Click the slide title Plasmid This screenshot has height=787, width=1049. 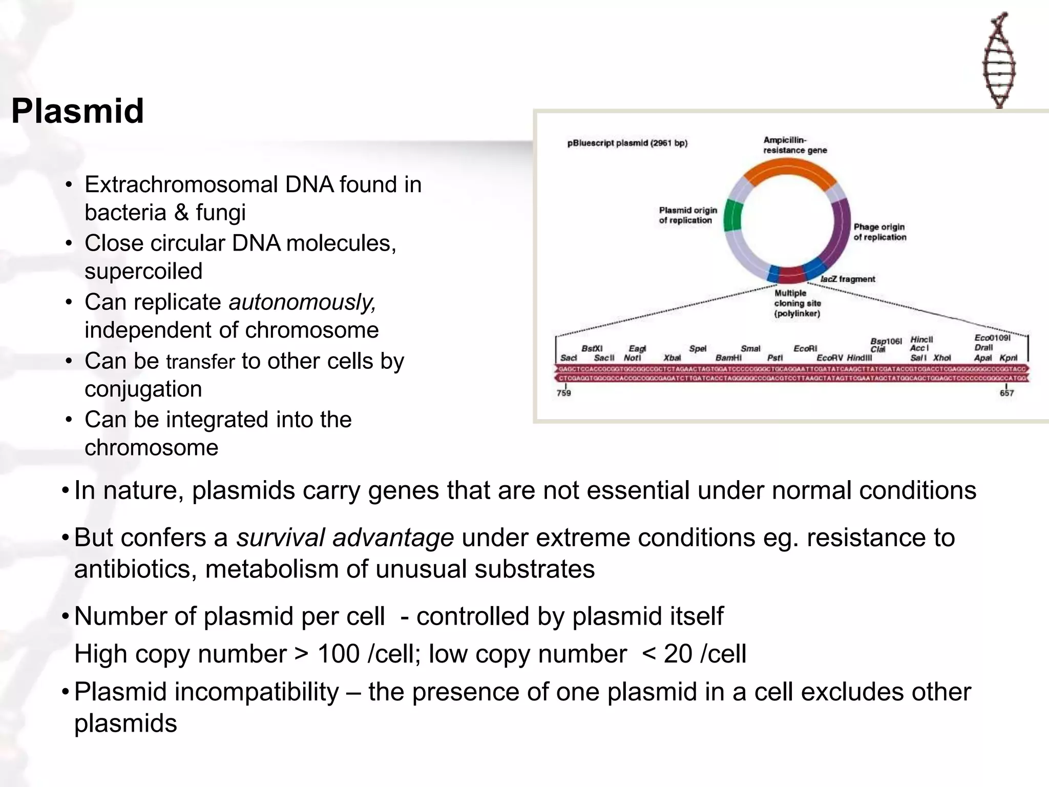tap(78, 111)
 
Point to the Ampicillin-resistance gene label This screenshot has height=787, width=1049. tap(794, 145)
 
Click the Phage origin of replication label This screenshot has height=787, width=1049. tap(879, 232)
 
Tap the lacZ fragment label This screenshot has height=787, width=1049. tap(848, 279)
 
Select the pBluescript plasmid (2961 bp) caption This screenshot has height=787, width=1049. tap(627, 143)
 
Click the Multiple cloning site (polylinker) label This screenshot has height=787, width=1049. tap(797, 303)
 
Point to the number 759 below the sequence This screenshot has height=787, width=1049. tap(563, 393)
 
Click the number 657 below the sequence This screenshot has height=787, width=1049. tap(1006, 393)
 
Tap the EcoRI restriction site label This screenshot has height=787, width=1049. tap(805, 348)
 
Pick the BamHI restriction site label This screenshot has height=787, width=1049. tap(728, 358)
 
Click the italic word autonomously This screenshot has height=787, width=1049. tap(302, 302)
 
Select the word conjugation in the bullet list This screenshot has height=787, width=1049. tap(143, 389)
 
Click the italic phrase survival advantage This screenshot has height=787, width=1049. tap(345, 538)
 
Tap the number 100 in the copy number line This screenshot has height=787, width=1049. tap(338, 654)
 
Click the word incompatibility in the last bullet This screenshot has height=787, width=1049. tap(257, 692)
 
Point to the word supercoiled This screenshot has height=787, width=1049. tap(143, 272)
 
